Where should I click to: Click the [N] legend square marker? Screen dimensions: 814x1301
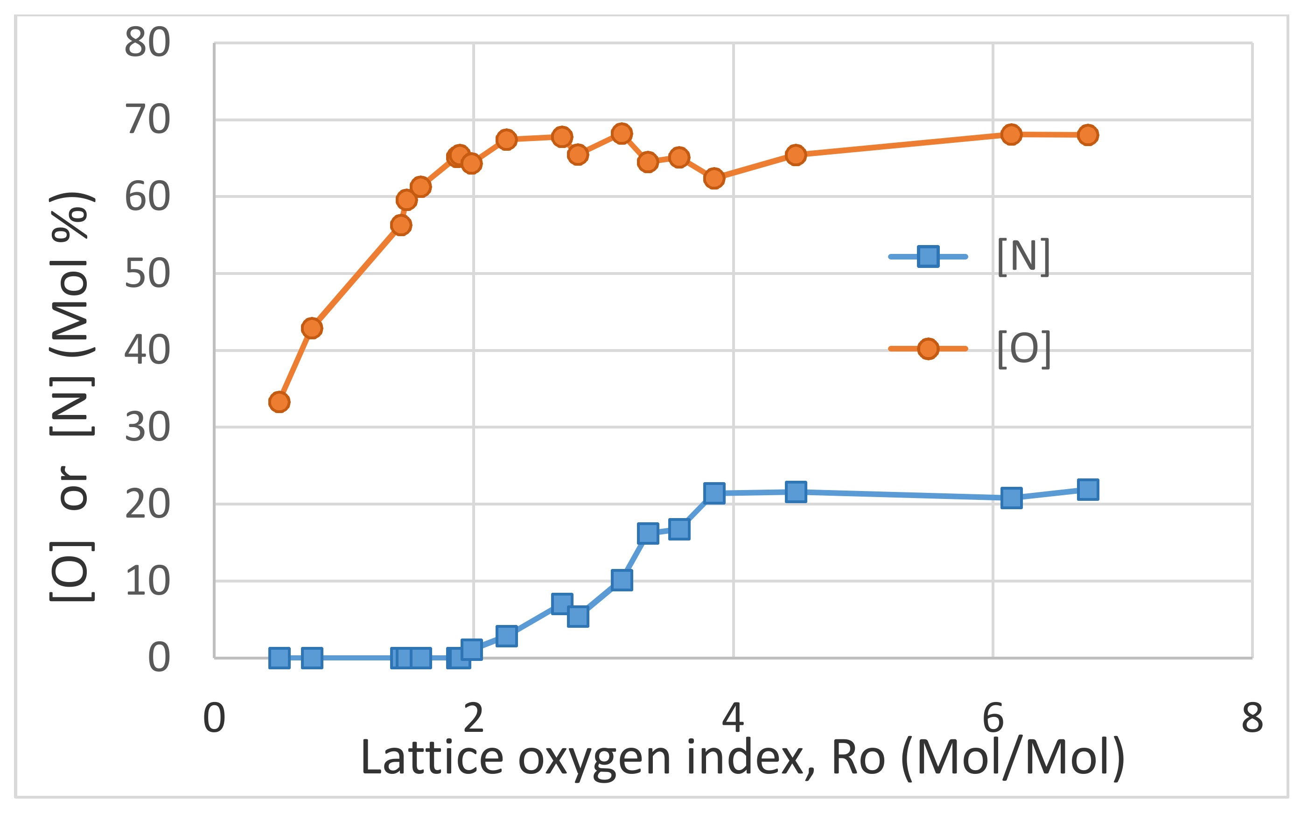point(928,256)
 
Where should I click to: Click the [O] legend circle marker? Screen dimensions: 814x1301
point(928,349)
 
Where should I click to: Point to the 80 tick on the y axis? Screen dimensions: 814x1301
point(147,42)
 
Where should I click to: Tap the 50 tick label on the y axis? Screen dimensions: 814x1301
point(147,274)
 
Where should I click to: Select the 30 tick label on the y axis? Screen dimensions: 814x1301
point(147,428)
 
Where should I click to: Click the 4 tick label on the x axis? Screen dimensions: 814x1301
point(733,718)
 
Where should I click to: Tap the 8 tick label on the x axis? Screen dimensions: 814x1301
point(1252,718)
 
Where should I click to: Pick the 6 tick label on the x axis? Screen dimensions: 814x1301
point(993,718)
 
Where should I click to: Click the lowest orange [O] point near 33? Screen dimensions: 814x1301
point(279,401)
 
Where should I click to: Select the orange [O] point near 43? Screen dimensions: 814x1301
point(312,328)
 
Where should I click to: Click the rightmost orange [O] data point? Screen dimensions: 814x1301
point(1088,134)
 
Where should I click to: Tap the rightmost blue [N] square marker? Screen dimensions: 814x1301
point(1088,489)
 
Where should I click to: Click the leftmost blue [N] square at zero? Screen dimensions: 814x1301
point(279,658)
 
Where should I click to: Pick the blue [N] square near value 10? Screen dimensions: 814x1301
point(622,580)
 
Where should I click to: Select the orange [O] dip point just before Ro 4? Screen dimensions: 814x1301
point(714,178)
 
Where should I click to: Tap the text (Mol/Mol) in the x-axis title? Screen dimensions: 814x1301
point(1012,758)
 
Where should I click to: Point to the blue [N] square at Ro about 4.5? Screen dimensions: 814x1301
point(796,491)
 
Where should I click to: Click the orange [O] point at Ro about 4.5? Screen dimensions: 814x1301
point(796,155)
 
